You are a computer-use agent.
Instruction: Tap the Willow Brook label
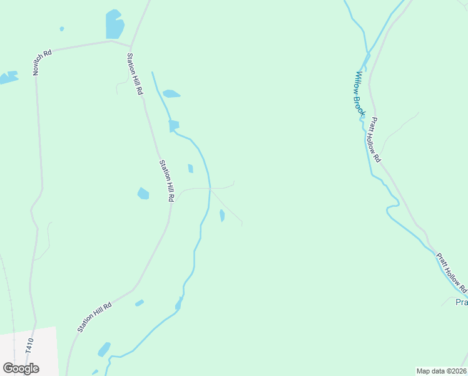pyautogui.click(x=360, y=93)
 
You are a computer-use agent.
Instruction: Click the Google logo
pyautogui.click(x=21, y=368)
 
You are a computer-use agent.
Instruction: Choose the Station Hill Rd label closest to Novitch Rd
pyautogui.click(x=135, y=74)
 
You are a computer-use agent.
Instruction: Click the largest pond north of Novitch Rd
pyautogui.click(x=114, y=26)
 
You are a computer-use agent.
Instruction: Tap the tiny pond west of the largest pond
pyautogui.click(x=61, y=29)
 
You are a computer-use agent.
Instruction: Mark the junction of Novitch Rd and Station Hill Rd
pyautogui.click(x=130, y=46)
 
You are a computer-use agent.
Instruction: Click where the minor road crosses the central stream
pyautogui.click(x=210, y=187)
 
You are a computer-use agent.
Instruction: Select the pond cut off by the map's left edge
pyautogui.click(x=8, y=78)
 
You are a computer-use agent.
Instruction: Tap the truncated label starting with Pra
pyautogui.click(x=461, y=302)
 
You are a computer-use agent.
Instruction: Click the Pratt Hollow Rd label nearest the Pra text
pyautogui.click(x=452, y=273)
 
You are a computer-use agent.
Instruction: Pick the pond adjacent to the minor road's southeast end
pyautogui.click(x=222, y=216)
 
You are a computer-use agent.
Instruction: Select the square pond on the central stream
pyautogui.click(x=173, y=126)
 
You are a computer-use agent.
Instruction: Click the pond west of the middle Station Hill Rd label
pyautogui.click(x=143, y=194)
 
